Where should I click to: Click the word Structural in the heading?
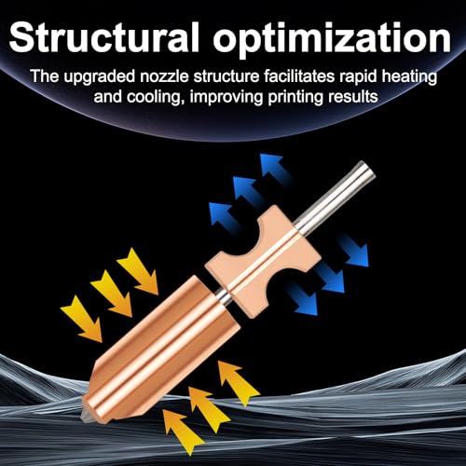click(x=103, y=37)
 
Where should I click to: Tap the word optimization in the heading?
click(x=332, y=39)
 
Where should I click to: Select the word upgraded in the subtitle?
click(x=100, y=77)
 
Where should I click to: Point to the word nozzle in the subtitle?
click(x=164, y=76)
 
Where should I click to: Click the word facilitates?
click(x=299, y=75)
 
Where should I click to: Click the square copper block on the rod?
click(x=264, y=262)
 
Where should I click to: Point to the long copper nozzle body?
click(x=161, y=348)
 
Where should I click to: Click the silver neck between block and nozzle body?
click(x=224, y=297)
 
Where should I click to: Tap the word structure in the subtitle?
click(x=226, y=76)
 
